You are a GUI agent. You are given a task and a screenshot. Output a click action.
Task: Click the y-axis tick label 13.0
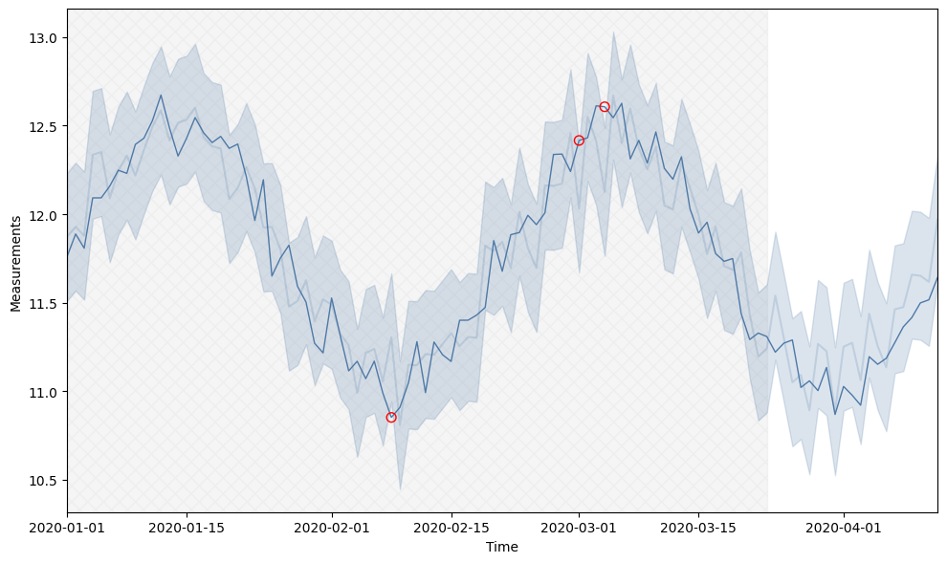pyautogui.click(x=44, y=38)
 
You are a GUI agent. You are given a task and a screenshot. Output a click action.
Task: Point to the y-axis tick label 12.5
pyautogui.click(x=44, y=127)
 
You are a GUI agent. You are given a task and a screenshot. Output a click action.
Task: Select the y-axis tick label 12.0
pyautogui.click(x=44, y=215)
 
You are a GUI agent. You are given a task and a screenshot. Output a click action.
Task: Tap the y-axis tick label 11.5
pyautogui.click(x=44, y=304)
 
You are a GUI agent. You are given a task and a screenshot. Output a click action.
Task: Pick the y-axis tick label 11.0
pyautogui.click(x=44, y=392)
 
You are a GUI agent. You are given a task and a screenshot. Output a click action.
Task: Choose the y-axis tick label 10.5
pyautogui.click(x=44, y=481)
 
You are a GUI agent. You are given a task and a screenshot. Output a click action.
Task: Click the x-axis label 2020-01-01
pyautogui.click(x=67, y=527)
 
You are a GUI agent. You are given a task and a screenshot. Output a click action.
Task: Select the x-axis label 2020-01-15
pyautogui.click(x=186, y=527)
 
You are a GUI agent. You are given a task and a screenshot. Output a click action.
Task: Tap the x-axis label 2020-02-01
pyautogui.click(x=331, y=527)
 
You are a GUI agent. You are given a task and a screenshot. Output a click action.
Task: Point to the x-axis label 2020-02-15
pyautogui.click(x=451, y=527)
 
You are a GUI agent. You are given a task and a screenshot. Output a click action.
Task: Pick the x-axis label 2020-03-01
pyautogui.click(x=579, y=527)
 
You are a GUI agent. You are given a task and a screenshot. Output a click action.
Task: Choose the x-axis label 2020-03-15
pyautogui.click(x=698, y=527)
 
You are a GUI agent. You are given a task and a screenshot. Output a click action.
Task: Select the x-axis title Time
pyautogui.click(x=502, y=547)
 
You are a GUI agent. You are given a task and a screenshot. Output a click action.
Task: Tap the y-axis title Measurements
pyautogui.click(x=15, y=263)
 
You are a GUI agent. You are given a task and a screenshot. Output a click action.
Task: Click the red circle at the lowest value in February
pyautogui.click(x=391, y=418)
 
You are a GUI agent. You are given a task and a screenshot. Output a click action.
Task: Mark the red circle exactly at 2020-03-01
pyautogui.click(x=579, y=141)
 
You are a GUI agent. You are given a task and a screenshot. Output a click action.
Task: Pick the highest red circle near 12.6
pyautogui.click(x=605, y=107)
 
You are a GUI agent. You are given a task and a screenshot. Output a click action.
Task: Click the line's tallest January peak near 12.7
pyautogui.click(x=161, y=95)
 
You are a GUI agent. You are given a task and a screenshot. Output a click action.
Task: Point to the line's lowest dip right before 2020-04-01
pyautogui.click(x=835, y=415)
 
